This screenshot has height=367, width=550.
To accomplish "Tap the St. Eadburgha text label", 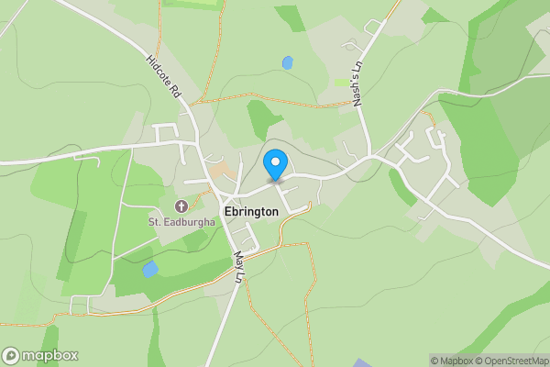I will [x=181, y=221].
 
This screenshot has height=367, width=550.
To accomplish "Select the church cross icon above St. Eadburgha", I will [x=181, y=206].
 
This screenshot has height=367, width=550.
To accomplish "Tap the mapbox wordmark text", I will [x=49, y=355].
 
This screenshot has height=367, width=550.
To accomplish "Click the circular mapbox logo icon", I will [x=11, y=355].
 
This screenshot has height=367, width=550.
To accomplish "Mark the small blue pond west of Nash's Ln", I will [x=288, y=62].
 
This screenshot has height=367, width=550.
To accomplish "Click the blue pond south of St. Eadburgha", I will [x=149, y=269].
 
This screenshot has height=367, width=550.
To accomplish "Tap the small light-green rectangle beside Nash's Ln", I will [x=342, y=82].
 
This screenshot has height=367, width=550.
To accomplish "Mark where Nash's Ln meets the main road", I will [x=371, y=156].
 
